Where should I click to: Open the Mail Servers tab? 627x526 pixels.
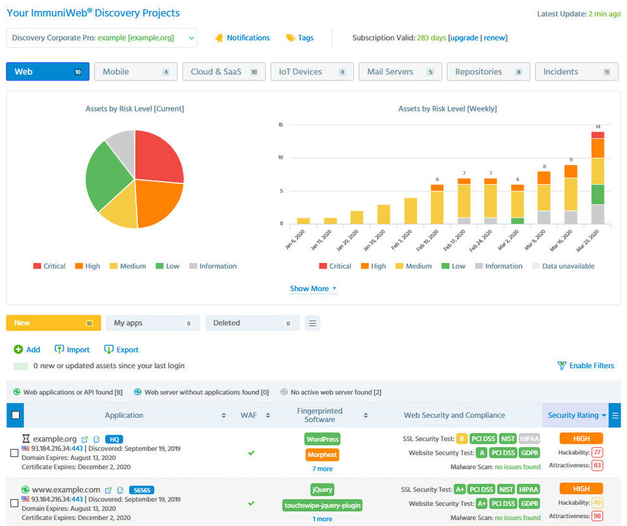pos(400,72)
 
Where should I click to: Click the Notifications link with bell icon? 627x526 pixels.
pos(242,38)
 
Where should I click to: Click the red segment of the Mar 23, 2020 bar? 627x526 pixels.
pos(598,135)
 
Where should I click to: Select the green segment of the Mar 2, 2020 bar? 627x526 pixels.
pos(517,221)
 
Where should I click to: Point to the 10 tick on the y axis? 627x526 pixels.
pos(281,157)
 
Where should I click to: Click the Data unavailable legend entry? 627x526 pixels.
pos(564,266)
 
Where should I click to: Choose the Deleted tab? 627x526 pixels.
pos(252,323)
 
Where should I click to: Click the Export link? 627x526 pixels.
pos(121,350)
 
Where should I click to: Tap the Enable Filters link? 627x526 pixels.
pos(586,365)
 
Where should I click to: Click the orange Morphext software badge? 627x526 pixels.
pos(322,455)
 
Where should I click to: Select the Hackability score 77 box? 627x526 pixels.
pos(597,452)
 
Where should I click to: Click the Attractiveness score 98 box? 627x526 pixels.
pos(597,516)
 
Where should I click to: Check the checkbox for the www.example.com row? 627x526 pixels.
pos(14,503)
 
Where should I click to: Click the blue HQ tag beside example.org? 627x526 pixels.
pos(114,439)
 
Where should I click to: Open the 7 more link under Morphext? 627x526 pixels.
pos(322,469)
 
